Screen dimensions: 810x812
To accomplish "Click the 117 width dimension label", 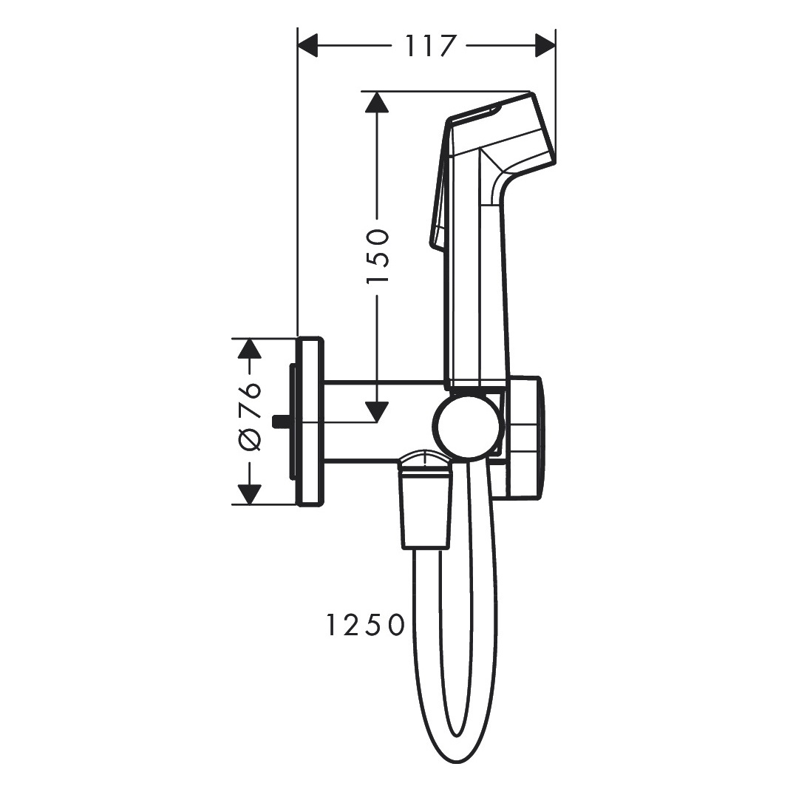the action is click(429, 46).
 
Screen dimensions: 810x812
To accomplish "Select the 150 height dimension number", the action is click(378, 256).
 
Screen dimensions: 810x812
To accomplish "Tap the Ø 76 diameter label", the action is click(250, 417).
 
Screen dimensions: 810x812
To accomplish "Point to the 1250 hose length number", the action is click(365, 625).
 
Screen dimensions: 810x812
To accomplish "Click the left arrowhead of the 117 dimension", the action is click(307, 46).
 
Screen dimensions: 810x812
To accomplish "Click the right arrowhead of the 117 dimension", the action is click(545, 46).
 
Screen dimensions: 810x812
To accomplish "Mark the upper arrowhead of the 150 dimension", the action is click(377, 101).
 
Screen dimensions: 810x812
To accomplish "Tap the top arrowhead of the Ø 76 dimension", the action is click(250, 348).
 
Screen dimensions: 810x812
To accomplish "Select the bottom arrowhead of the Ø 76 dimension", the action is click(250, 494).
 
